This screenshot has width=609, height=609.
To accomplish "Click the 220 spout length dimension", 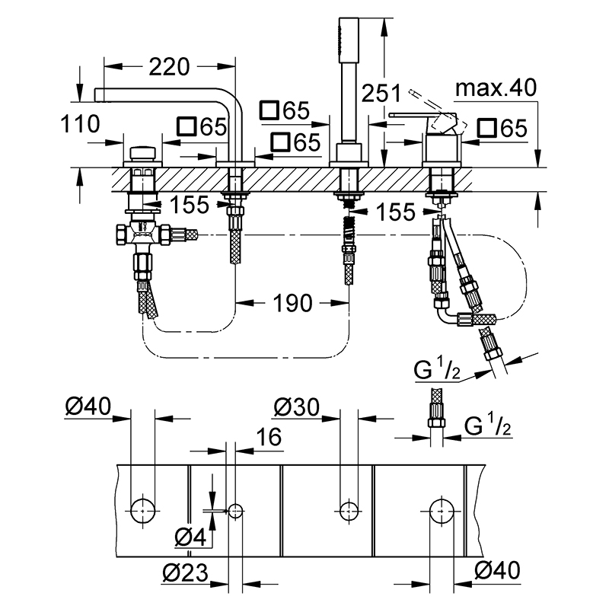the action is click(x=169, y=67).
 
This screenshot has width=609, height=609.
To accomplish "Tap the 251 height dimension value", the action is click(x=381, y=94).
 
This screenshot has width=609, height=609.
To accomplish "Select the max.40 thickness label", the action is click(x=496, y=88).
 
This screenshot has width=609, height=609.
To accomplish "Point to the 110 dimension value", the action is click(x=81, y=124).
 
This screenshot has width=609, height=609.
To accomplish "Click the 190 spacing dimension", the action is click(x=292, y=303).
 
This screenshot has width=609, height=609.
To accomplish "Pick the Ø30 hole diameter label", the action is click(x=297, y=407).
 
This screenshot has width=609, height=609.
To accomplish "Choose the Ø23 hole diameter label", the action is click(x=185, y=572).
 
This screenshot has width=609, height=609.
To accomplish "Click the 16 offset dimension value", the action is click(x=269, y=437).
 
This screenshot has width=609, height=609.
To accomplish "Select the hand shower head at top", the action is click(x=349, y=40).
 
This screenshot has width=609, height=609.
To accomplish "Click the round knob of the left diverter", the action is click(x=142, y=153).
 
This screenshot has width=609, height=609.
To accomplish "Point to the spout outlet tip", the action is click(x=96, y=95).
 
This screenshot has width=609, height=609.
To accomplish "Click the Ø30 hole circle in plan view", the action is click(x=349, y=511).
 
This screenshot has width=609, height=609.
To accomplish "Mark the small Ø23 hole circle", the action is click(x=235, y=511).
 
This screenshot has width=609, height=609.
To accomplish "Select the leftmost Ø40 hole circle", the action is click(x=143, y=511).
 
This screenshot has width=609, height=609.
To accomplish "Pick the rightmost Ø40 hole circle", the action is click(x=442, y=511).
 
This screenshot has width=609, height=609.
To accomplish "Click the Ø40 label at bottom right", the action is click(x=497, y=570).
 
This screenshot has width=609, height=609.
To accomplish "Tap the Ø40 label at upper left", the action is click(x=88, y=407).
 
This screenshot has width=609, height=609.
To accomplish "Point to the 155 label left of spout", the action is click(x=190, y=204).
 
